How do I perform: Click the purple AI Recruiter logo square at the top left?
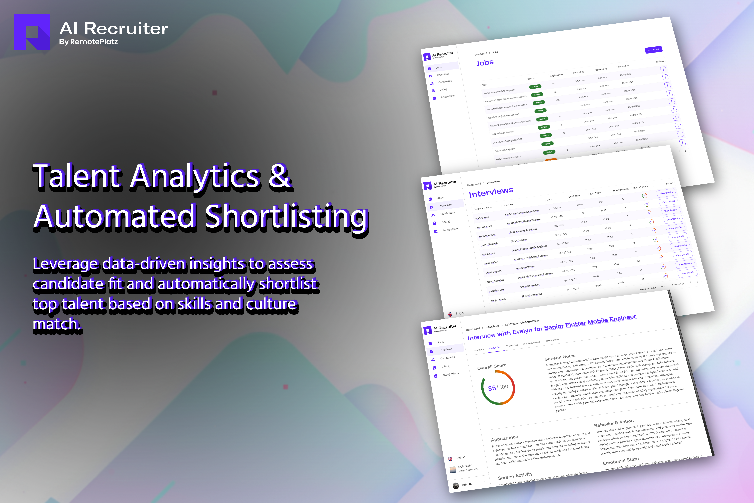point(32,32)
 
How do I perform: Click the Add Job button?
point(653,50)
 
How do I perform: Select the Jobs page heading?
point(485,63)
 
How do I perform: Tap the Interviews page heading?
point(491,192)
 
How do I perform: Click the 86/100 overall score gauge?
point(498,387)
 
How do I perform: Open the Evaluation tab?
point(495,348)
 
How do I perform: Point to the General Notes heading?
point(560,357)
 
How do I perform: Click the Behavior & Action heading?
point(614,423)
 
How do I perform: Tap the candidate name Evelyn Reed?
point(482,217)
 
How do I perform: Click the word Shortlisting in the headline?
point(287,216)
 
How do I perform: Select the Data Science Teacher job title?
point(502,133)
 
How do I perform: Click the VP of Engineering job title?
point(531,295)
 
